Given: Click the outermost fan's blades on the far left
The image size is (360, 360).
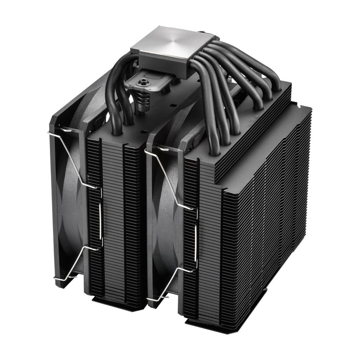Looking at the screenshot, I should coord(69,206).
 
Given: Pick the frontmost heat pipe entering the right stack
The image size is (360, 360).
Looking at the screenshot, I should coord(211,118).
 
